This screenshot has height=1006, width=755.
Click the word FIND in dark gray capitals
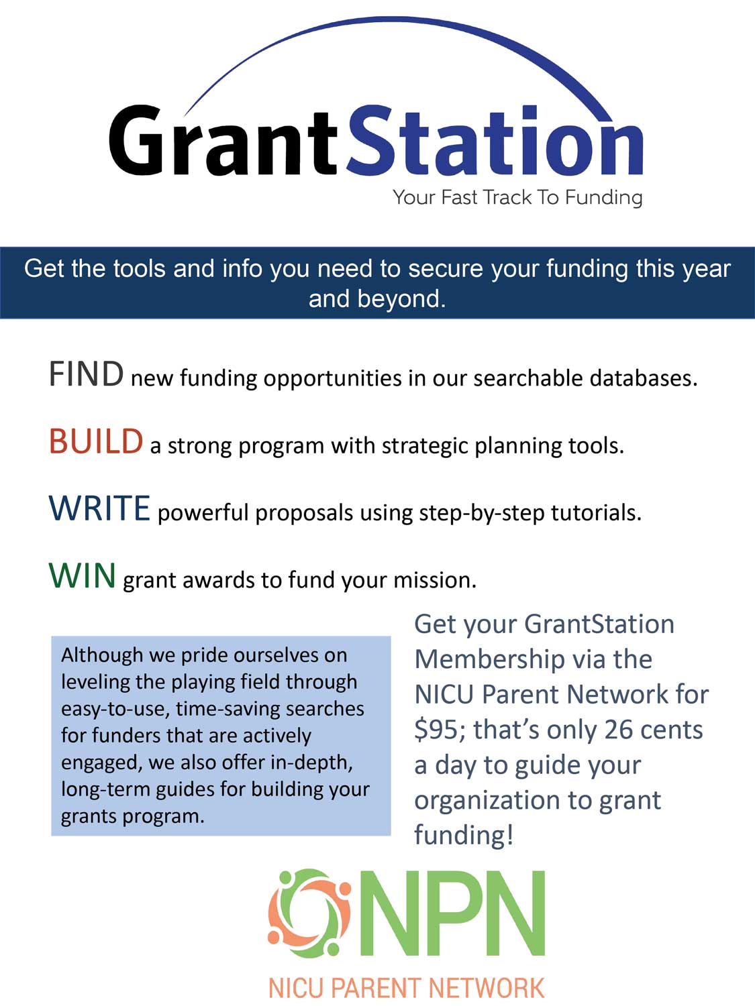point(86,374)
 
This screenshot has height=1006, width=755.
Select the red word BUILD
point(96,442)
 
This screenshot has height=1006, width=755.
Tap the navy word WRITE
point(99,508)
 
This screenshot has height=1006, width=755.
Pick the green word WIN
point(83,576)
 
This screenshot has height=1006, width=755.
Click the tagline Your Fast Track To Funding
point(517,197)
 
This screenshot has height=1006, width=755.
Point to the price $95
point(436,730)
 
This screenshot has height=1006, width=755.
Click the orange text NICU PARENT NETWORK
point(406,988)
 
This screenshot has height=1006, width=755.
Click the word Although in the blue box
point(102,655)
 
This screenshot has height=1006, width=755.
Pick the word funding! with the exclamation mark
point(464,835)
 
